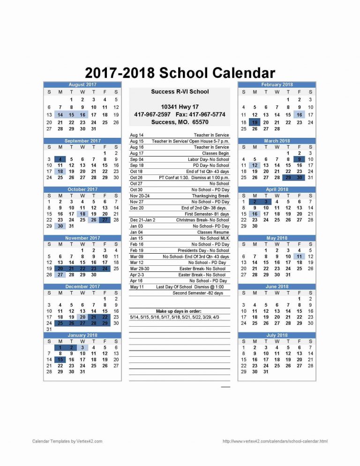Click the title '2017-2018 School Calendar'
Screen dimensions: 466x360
(x=180, y=73)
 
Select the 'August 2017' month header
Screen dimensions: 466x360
(x=82, y=85)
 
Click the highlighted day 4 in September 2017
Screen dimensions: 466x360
(x=60, y=159)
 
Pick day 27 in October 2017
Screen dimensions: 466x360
(x=105, y=220)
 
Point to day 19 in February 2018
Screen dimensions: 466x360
(x=255, y=122)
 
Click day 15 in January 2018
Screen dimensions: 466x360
(x=60, y=360)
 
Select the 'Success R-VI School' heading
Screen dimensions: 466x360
(x=180, y=92)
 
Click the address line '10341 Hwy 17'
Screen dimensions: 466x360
(x=180, y=107)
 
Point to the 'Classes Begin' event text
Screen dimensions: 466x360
(x=216, y=153)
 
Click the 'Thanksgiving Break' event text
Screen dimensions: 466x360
(x=210, y=196)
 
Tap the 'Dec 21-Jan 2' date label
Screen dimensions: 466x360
(x=142, y=220)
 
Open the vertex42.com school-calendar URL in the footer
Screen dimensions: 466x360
(x=275, y=441)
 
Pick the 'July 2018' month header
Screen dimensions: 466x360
(x=277, y=336)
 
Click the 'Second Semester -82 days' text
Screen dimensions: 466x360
(x=198, y=293)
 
